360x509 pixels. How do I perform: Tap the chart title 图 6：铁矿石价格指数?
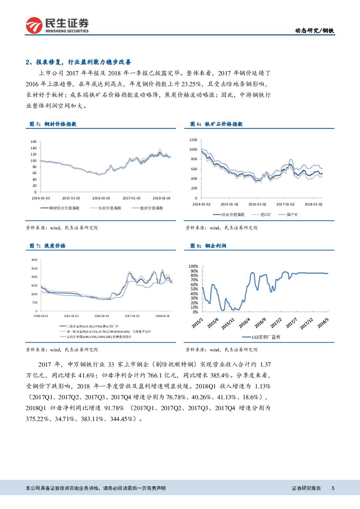(216, 124)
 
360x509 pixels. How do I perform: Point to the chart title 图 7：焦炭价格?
(47, 246)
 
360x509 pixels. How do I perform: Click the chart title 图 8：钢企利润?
(208, 246)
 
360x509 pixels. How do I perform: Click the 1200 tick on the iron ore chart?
(193, 140)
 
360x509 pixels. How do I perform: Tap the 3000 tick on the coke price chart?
(34, 260)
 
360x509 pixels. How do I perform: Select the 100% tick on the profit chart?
(193, 266)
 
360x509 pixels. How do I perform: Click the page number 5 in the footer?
(333, 489)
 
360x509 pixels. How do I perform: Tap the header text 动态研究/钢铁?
(315, 30)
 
